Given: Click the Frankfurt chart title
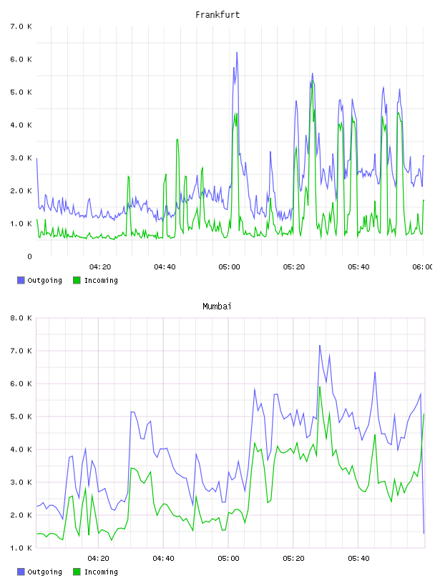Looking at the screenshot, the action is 217,15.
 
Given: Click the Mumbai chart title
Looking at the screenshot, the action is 217,307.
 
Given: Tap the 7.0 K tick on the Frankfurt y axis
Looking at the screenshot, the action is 21,26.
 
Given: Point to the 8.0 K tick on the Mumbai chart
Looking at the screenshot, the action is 21,318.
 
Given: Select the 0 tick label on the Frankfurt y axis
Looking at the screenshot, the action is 29,256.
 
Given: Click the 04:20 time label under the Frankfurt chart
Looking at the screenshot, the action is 100,267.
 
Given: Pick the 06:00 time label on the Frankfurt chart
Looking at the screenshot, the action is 423,267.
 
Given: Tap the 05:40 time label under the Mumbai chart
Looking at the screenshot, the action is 358,559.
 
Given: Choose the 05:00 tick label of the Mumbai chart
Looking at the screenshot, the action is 229,559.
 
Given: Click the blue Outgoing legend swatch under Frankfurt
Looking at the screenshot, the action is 21,280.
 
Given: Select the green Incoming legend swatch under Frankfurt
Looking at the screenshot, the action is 77,280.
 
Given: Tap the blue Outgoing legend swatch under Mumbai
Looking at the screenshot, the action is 21,572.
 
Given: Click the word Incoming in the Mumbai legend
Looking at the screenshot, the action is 101,572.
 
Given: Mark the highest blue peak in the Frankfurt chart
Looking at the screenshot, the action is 237,53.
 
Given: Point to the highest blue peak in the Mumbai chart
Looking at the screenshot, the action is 320,346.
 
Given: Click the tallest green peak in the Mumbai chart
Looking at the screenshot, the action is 320,387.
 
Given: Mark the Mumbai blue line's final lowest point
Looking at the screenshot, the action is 424,533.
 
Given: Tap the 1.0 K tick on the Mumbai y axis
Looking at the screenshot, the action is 21,548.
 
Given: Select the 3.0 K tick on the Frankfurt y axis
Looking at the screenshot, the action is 21,158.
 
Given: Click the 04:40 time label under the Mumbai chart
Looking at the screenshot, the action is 164,559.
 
